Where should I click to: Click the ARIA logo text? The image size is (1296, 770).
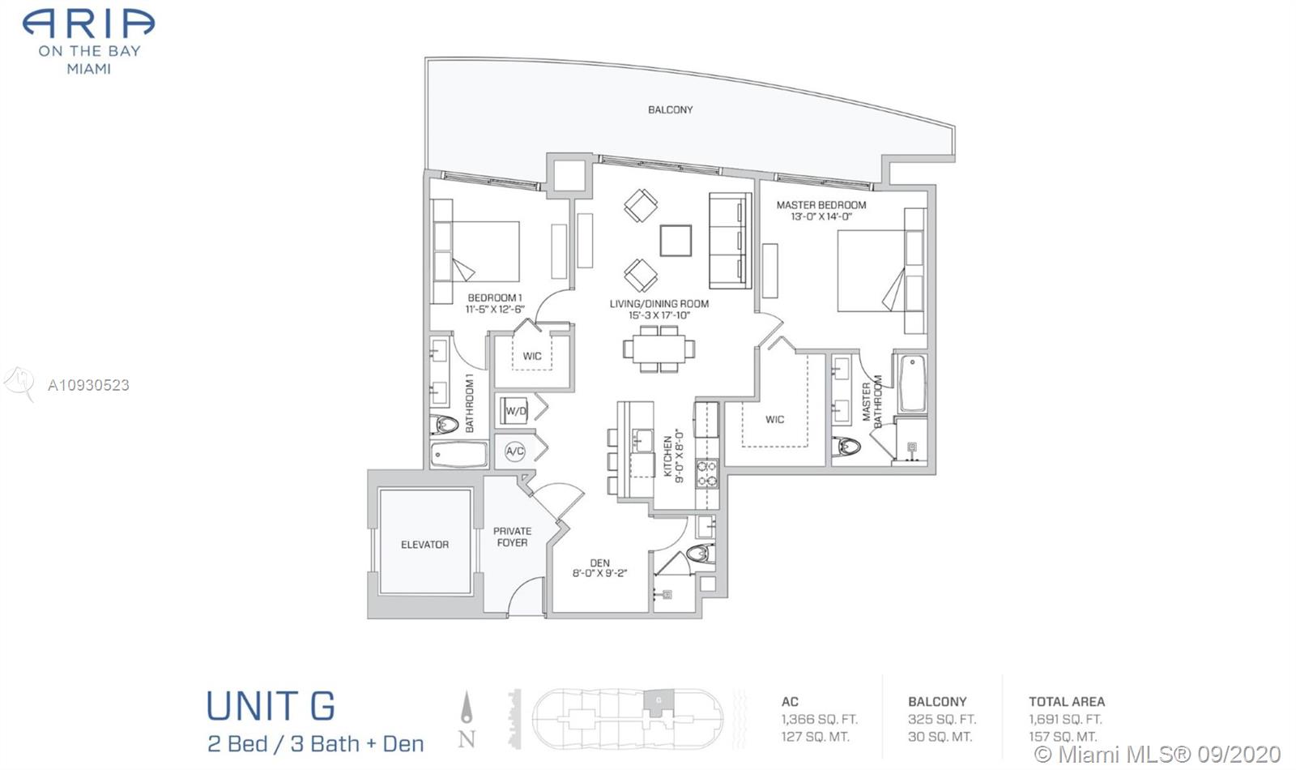click(x=88, y=24)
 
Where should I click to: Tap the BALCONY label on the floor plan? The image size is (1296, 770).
click(x=670, y=109)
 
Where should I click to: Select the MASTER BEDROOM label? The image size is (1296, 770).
click(x=821, y=205)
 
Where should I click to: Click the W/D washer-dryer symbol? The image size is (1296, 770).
click(x=515, y=411)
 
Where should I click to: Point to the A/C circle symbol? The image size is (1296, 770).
click(x=515, y=451)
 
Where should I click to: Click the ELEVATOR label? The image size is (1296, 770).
click(x=424, y=545)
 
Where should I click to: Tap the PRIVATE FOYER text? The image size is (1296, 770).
click(x=512, y=537)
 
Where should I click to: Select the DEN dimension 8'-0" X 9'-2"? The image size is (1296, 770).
click(x=600, y=574)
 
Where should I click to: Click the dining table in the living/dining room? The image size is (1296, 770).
click(x=659, y=349)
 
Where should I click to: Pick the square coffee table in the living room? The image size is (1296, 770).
click(x=676, y=240)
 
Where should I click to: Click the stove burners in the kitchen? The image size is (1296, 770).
click(x=707, y=473)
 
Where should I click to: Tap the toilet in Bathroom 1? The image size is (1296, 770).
click(x=445, y=425)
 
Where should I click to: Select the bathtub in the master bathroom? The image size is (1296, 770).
click(x=912, y=384)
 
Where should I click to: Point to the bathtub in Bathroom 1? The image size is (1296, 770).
click(x=458, y=455)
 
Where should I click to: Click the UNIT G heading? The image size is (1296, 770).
click(x=271, y=706)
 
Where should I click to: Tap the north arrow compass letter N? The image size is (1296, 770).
click(x=467, y=739)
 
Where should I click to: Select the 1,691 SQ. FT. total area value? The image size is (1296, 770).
click(x=1065, y=720)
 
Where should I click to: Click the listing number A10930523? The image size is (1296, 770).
click(x=88, y=386)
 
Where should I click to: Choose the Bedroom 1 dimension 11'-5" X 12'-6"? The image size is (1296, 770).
click(x=495, y=309)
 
